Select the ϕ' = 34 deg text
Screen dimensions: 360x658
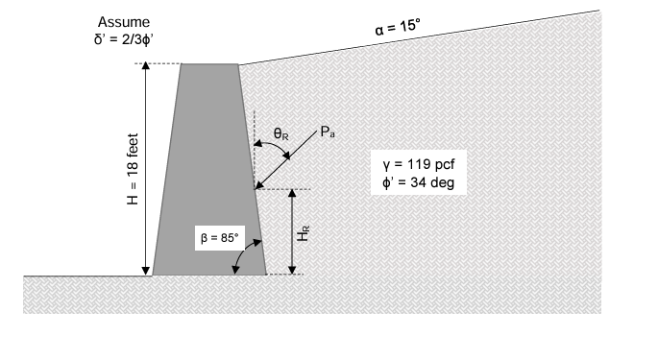(418, 181)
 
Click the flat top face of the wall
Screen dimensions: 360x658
(209, 64)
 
